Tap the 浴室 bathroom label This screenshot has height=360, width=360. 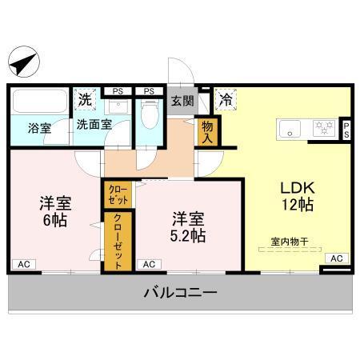click(39, 127)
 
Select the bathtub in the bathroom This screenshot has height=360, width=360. click(40, 102)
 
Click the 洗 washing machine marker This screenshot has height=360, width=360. click(85, 101)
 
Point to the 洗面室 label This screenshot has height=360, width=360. click(94, 125)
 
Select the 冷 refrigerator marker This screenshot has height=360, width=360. click(226, 101)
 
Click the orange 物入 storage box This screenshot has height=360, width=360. click(208, 132)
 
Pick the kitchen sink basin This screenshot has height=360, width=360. click(289, 127)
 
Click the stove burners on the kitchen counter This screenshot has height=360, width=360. click(324, 127)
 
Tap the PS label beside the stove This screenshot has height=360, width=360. click(346, 130)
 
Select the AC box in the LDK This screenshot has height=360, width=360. click(336, 258)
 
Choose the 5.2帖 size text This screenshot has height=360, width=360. click(188, 236)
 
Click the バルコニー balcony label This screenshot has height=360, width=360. click(180, 293)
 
